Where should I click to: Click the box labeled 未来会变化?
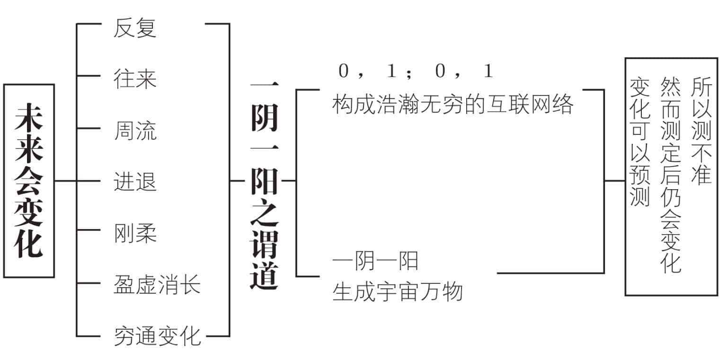coord(29,181)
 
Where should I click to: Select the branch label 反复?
coord(135,27)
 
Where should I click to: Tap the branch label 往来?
coord(135,79)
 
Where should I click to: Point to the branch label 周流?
coord(135,131)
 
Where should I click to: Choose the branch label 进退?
coord(135,181)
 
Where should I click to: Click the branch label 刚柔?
coord(135,233)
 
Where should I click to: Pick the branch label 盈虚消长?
coord(157,284)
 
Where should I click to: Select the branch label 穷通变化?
coord(157,336)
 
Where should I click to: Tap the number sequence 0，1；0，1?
coord(416,70)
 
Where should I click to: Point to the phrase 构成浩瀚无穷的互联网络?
coord(453,104)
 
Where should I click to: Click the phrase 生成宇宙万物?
coord(398,291)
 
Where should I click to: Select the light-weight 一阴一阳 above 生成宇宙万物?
coord(375,261)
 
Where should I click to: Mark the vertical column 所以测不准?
coord(701,131)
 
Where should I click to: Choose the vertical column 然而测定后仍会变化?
coord(671,175)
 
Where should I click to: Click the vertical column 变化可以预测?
coord(640,142)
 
